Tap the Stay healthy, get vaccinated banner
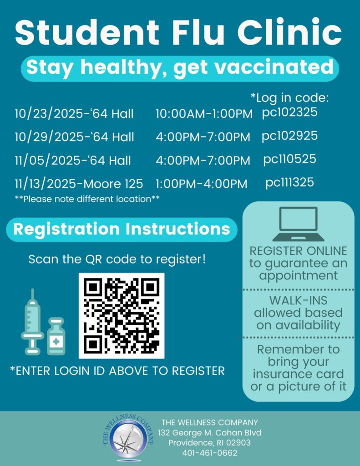point(180,68)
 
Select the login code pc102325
point(289,112)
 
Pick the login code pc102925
point(289,136)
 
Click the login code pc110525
point(289,159)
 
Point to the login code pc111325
point(289,182)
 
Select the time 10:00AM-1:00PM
point(204,114)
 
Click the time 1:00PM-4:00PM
point(201,184)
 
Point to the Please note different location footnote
point(87,199)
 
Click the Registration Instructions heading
point(122,229)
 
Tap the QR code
point(122,315)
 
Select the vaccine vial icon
point(56,337)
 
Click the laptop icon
point(298,224)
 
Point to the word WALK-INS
point(298,301)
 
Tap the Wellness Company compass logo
point(129,437)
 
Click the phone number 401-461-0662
point(209,453)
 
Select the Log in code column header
point(289,98)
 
